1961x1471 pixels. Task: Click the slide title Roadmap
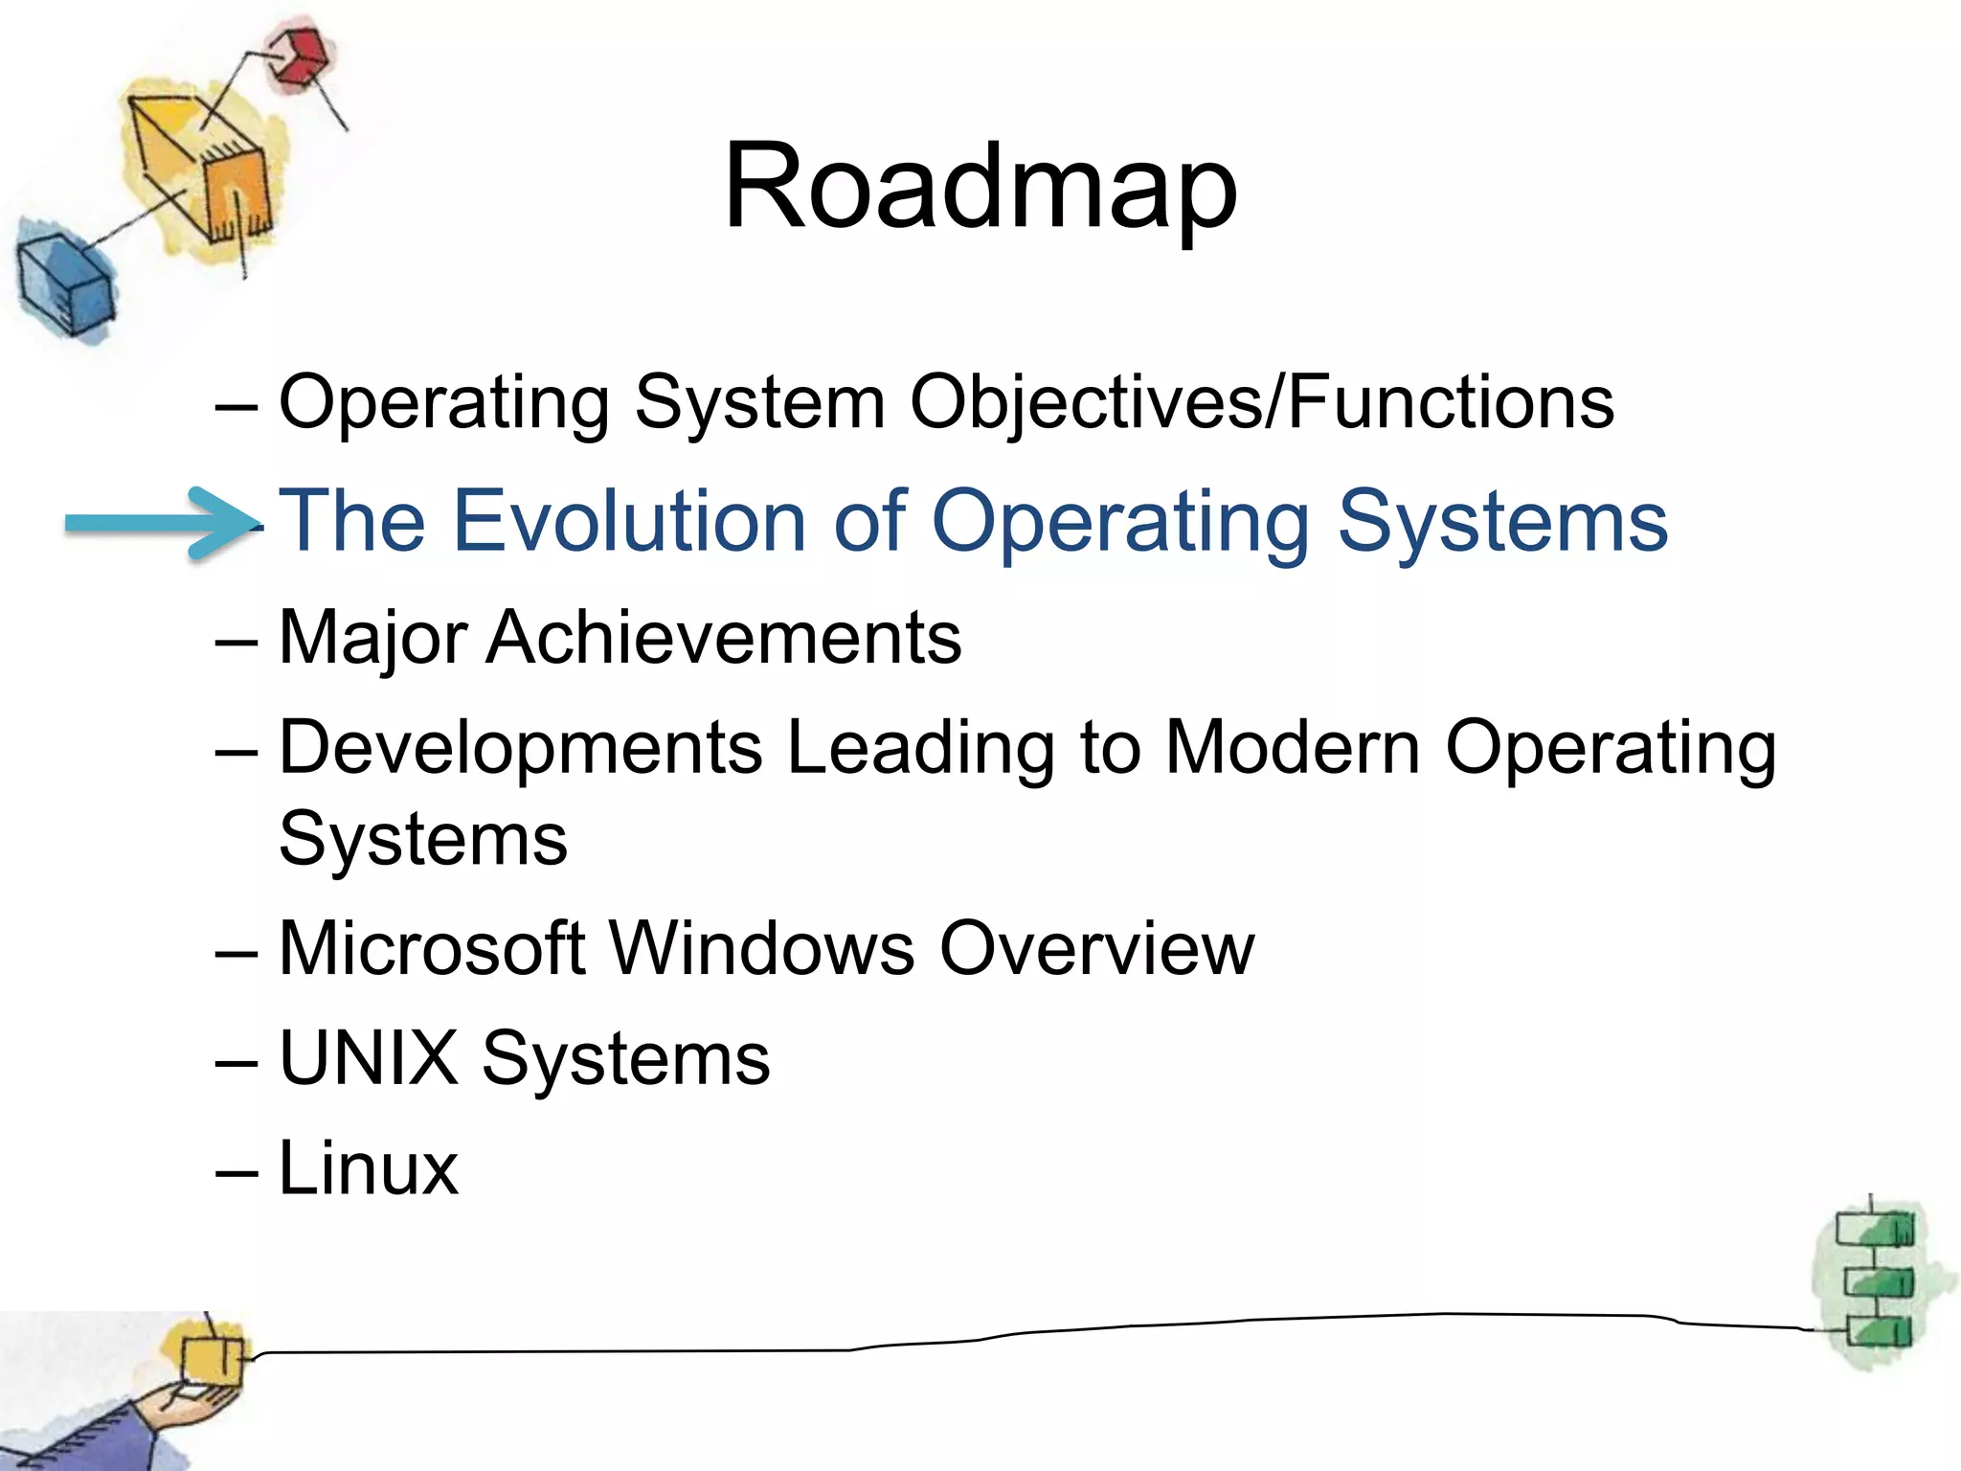(x=980, y=187)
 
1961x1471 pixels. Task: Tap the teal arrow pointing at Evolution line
(x=158, y=522)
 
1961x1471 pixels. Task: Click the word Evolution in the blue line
(x=628, y=522)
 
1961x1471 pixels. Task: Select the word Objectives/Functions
(x=1261, y=402)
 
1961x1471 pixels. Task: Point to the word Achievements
(x=724, y=638)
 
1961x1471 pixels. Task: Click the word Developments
(x=521, y=749)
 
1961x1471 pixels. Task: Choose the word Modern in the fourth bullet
(x=1293, y=747)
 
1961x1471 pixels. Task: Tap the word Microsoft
(x=432, y=949)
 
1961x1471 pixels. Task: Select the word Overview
(x=1096, y=949)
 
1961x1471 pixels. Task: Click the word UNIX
(x=369, y=1059)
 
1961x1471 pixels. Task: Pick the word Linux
(x=369, y=1168)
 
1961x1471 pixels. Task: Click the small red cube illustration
(x=299, y=57)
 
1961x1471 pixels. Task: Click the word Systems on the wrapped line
(x=423, y=839)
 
